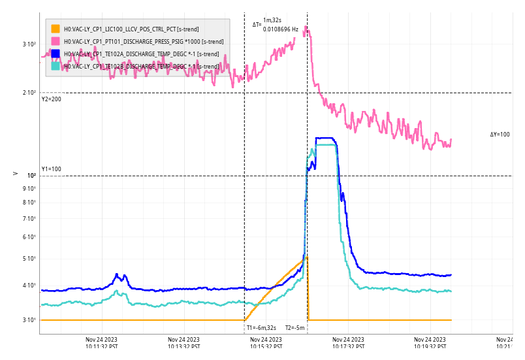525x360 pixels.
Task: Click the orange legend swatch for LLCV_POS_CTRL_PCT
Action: click(56, 29)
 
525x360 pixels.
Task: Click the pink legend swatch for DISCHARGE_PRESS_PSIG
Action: click(56, 41)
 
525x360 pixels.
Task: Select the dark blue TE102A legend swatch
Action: click(56, 54)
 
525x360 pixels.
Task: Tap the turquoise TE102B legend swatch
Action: click(56, 66)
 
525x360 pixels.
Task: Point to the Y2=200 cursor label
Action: click(52, 99)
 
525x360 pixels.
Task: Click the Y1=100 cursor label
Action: click(52, 169)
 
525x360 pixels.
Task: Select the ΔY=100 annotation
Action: click(500, 135)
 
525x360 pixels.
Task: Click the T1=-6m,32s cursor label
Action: click(261, 328)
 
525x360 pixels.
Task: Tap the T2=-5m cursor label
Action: click(295, 328)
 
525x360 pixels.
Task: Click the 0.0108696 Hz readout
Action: click(281, 29)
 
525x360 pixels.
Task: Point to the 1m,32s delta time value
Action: click(272, 21)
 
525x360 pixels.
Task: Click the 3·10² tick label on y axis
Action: click(29, 44)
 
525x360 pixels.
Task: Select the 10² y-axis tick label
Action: click(31, 176)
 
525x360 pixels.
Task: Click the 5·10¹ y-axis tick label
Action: click(29, 259)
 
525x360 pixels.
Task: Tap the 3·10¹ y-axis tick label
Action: click(29, 320)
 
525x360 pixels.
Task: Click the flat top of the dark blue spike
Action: click(325, 139)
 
